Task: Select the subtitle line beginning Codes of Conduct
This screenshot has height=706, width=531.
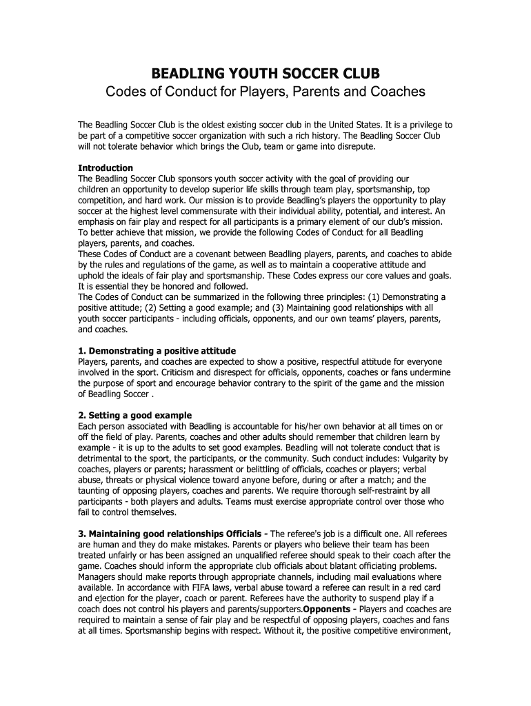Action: click(x=265, y=92)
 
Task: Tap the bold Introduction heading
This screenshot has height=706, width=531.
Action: click(x=106, y=168)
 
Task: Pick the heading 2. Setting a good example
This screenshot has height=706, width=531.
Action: click(x=134, y=416)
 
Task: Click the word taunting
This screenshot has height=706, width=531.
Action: click(x=99, y=491)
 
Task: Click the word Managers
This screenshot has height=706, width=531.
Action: click(x=99, y=576)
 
